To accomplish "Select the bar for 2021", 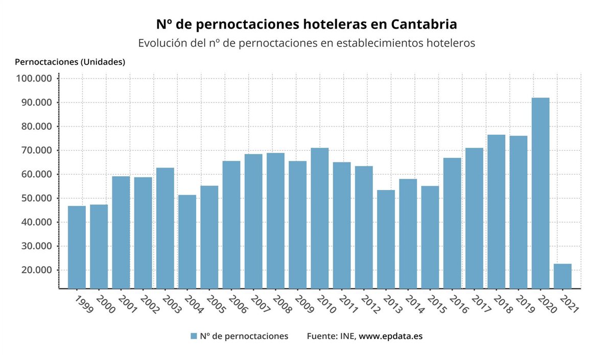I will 562,276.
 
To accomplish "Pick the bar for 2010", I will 320,218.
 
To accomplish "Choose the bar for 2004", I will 187,242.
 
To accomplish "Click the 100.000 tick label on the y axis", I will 34,79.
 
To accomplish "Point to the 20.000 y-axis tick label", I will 36,270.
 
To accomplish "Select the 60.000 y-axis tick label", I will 36,174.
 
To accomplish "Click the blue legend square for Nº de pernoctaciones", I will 194,336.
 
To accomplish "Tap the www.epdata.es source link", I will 391,336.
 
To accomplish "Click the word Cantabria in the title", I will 424,24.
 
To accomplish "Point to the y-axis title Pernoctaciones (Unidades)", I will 70,62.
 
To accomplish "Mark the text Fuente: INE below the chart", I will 331,336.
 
